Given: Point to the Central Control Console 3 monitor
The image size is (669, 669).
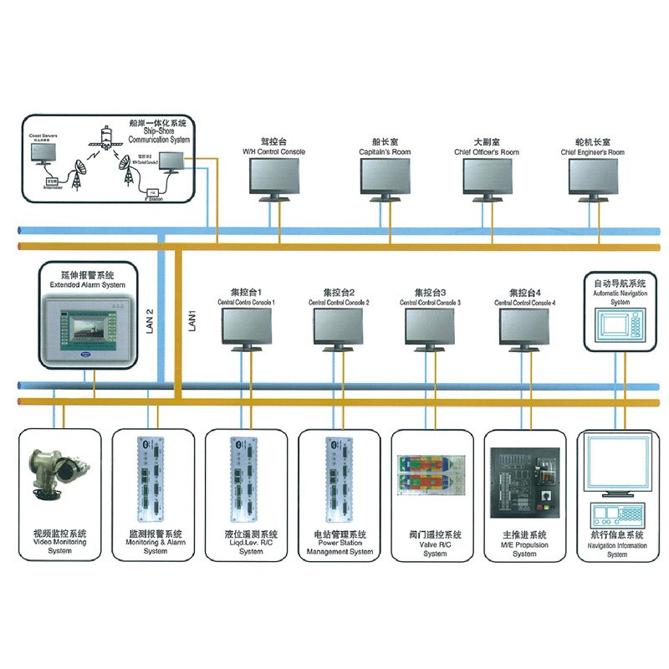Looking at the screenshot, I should point(432,327).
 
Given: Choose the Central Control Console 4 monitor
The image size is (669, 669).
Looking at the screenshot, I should point(527,327).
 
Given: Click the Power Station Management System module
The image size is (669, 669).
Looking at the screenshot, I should point(338,477).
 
